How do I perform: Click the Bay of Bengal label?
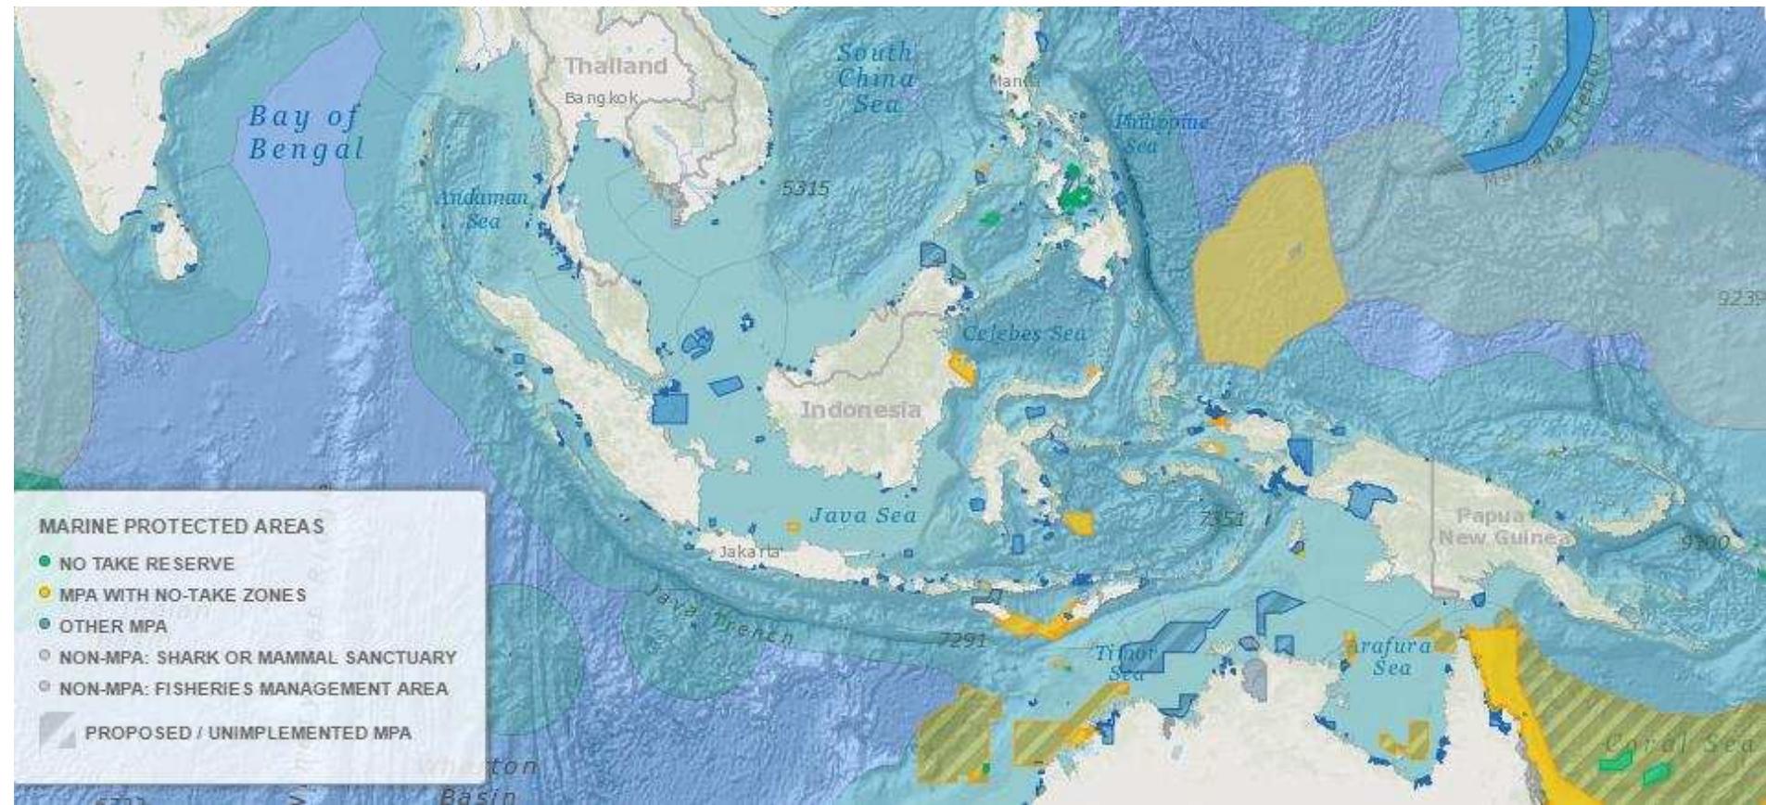[x=306, y=133]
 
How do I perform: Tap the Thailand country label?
[x=616, y=66]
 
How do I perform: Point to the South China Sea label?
[x=876, y=78]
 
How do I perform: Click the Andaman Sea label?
[x=482, y=209]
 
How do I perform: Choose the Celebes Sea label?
[x=1023, y=333]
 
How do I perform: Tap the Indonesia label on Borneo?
[x=860, y=409]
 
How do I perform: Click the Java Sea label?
[x=863, y=516]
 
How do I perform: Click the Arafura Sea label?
[x=1391, y=655]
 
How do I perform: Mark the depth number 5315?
[x=805, y=188]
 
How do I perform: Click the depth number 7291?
[x=963, y=639]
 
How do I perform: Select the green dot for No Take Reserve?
[x=45, y=563]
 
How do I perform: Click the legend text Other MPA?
[x=113, y=626]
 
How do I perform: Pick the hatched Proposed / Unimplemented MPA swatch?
[x=57, y=732]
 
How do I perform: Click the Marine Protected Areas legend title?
[x=182, y=526]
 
